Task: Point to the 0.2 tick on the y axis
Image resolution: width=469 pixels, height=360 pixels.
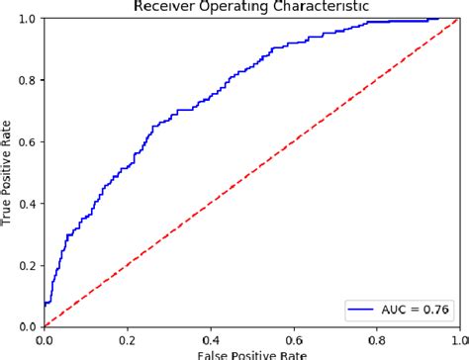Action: pos(27,265)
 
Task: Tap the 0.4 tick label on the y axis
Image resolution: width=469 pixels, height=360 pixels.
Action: pos(27,203)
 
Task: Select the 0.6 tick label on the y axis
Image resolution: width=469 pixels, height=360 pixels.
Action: pos(27,141)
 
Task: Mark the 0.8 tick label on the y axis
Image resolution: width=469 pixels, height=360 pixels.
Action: pos(27,80)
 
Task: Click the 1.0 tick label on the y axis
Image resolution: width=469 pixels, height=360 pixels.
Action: pos(27,19)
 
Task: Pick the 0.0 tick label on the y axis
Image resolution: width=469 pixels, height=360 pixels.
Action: pos(27,326)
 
